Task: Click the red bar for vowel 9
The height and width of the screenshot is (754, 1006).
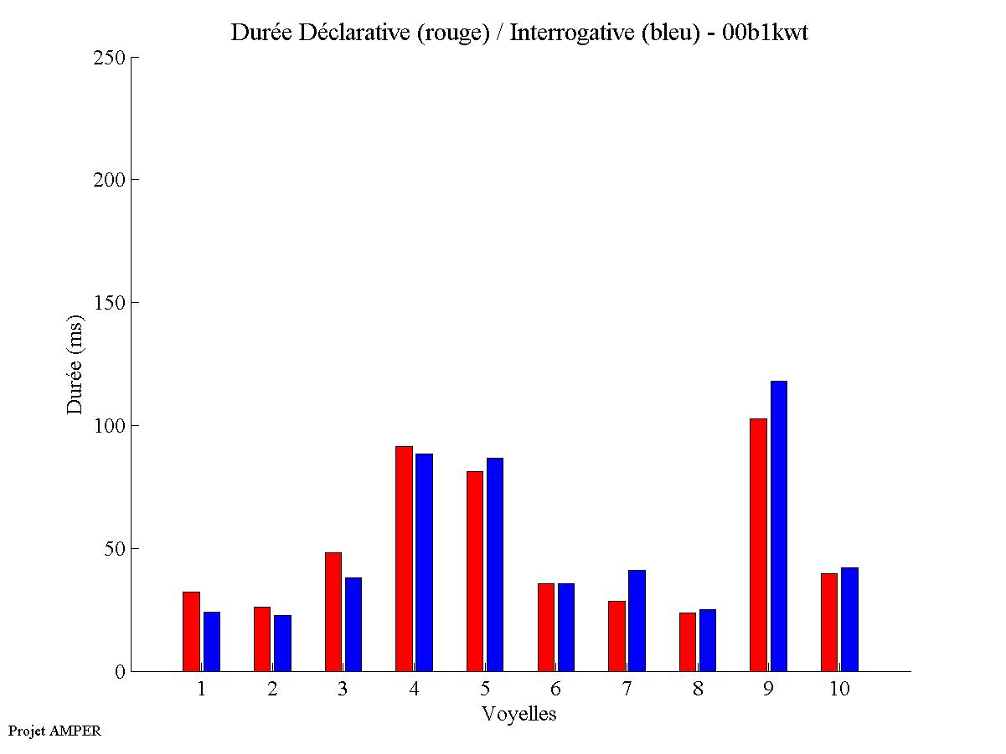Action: (758, 545)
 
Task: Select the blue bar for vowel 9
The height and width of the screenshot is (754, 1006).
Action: (779, 526)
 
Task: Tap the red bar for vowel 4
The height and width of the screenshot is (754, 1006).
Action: (404, 558)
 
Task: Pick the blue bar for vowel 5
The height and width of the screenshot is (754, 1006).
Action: (495, 564)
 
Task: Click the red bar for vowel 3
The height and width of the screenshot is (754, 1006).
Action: (333, 612)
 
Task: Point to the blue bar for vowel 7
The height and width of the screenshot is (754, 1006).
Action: (637, 620)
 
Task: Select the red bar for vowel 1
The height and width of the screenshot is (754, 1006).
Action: (191, 631)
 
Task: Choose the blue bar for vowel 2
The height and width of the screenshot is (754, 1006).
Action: (282, 643)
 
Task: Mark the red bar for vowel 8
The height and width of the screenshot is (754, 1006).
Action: (688, 642)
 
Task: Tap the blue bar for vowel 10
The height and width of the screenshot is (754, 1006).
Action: (849, 619)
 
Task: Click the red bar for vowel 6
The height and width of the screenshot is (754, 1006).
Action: (545, 627)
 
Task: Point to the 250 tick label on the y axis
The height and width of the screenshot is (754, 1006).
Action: (109, 58)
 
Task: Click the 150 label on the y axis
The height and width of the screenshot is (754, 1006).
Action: (109, 303)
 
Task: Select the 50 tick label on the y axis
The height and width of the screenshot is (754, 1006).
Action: (114, 549)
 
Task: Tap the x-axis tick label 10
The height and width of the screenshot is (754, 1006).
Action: (839, 689)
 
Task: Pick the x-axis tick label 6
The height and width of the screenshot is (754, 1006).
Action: (555, 689)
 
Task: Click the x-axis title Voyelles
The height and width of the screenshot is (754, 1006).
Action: (519, 714)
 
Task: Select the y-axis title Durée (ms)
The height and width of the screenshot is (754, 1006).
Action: (75, 364)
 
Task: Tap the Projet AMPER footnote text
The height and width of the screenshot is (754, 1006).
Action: (54, 731)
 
